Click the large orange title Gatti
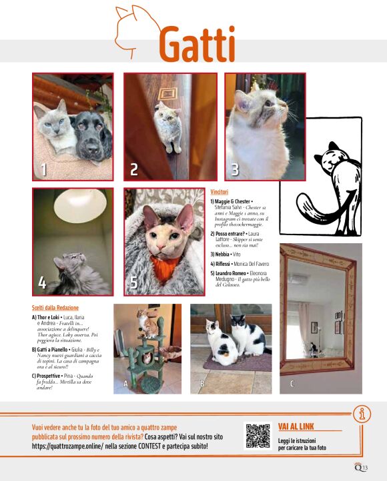pos(197,44)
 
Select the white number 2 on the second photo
pos(134,169)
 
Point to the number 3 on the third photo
pos(235,169)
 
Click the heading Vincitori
pos(224,191)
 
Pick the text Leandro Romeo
pos(232,273)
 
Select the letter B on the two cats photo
pos(202,384)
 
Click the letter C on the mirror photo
pos(291,384)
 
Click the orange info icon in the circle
pos(362,414)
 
